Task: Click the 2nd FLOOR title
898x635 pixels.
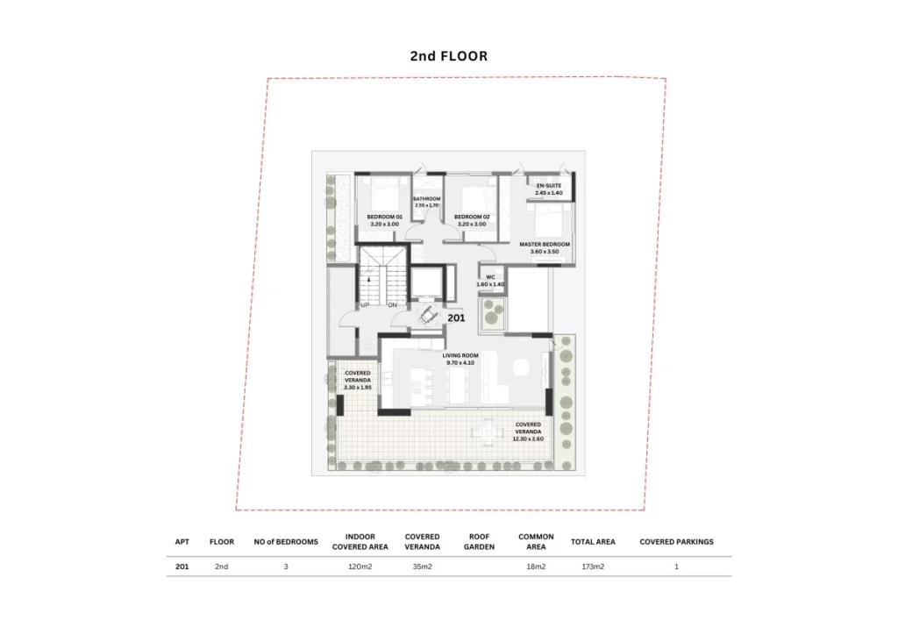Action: (448, 56)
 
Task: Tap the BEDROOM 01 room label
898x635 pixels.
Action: (384, 217)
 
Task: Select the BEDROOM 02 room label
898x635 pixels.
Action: (472, 217)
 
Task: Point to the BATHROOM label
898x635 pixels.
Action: (427, 199)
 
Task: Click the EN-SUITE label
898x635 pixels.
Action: (549, 186)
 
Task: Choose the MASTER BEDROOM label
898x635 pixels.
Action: (544, 245)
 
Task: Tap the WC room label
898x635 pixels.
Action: (490, 277)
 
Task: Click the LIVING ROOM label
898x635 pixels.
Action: (460, 355)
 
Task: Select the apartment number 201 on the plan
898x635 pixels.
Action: (456, 317)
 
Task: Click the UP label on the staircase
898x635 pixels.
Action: (365, 305)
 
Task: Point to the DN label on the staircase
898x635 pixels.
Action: (392, 305)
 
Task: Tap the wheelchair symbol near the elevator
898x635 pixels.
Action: (427, 315)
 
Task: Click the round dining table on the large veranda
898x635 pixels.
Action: (487, 432)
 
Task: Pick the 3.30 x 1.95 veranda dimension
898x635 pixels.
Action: (358, 388)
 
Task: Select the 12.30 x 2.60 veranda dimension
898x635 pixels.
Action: (528, 439)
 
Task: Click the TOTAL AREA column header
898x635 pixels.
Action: (593, 542)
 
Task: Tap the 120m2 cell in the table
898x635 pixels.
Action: (360, 567)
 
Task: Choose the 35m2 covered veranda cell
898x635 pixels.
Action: (422, 567)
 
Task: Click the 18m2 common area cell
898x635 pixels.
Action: (536, 567)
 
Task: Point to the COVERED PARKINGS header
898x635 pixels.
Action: (676, 542)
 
